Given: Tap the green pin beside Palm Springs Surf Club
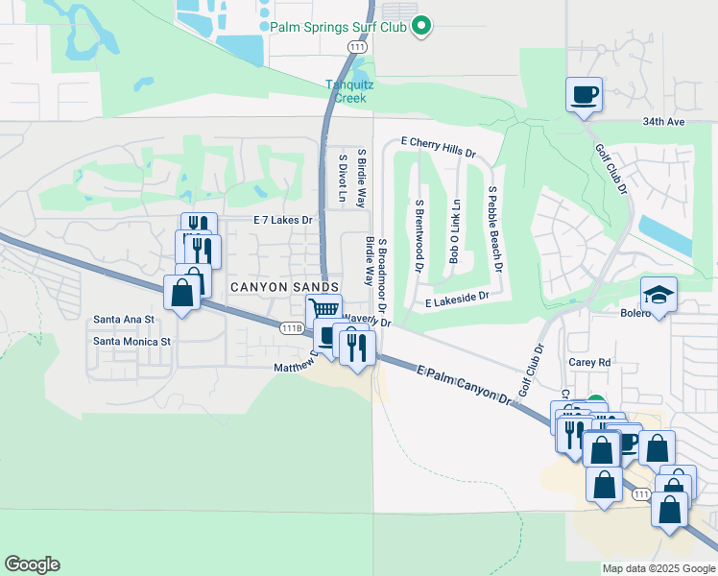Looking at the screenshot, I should coord(420,27).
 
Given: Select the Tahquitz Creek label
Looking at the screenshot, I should coord(349,90).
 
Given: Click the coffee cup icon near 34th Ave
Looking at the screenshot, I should coord(584,95).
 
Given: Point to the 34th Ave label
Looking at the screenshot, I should coord(663,122).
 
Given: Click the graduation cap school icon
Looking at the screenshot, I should coord(658,294).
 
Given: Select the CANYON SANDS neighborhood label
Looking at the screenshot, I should coord(283,287).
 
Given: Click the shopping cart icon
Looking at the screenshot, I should coord(324,310).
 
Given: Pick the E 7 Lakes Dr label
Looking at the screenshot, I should coord(283,220).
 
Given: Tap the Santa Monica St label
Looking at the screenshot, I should coord(132,341).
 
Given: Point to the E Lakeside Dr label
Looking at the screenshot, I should coord(457,300).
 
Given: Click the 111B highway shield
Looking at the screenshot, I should coord(292,328).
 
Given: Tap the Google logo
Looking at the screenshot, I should coord(32,564).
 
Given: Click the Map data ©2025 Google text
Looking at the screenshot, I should coord(658,568).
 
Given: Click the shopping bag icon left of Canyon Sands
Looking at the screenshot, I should coord(181,293).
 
